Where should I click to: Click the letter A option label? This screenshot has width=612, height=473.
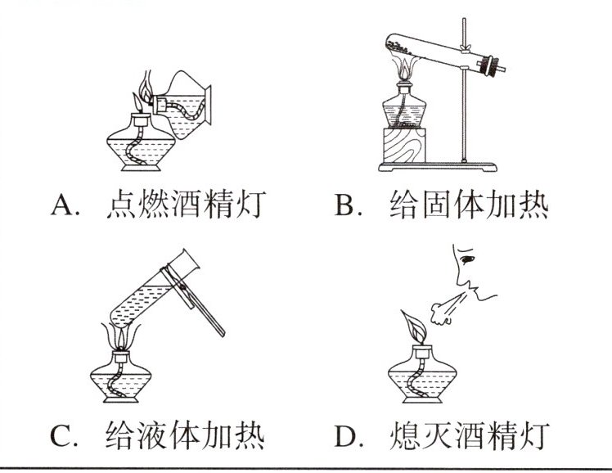tap(63, 205)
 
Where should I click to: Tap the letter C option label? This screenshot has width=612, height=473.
tap(63, 435)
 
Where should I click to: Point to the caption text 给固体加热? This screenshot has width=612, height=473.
tap(466, 204)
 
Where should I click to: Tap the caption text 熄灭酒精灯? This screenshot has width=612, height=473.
tap(466, 434)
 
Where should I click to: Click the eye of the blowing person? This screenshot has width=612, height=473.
tap(466, 261)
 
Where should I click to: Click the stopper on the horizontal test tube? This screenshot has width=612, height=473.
tap(495, 65)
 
